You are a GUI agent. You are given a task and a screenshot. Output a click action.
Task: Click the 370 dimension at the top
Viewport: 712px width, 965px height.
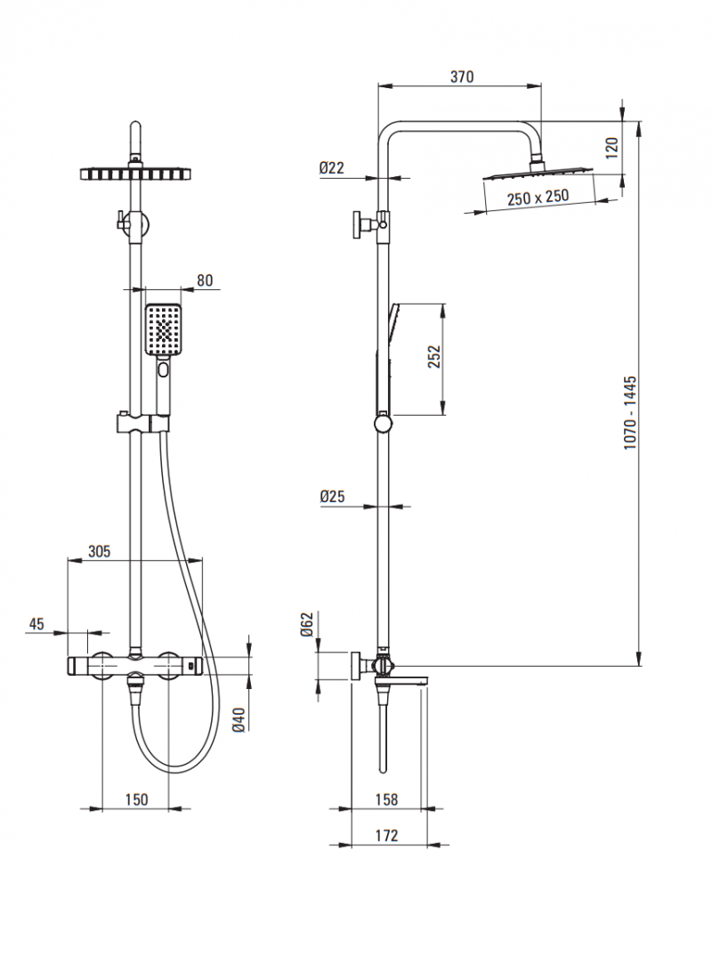461,77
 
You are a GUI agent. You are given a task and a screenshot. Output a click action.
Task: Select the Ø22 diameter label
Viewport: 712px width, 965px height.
331,167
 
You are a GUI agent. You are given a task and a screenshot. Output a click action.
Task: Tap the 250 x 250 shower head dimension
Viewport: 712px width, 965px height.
538,199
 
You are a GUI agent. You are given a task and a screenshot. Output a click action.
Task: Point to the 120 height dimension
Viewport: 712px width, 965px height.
611,147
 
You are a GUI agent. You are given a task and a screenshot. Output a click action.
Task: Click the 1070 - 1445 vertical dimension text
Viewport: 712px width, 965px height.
630,412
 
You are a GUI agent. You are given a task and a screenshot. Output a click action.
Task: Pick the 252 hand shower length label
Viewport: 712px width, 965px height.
433,357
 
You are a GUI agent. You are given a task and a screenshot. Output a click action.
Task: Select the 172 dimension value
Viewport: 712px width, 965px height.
385,835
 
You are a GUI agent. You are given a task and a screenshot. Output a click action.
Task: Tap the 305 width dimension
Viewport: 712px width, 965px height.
99,551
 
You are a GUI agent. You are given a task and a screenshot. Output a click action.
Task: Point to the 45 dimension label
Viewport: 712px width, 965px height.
36,623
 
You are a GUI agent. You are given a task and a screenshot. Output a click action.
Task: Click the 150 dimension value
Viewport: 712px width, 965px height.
135,799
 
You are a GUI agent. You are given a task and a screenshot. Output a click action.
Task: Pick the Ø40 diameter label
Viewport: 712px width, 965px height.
238,718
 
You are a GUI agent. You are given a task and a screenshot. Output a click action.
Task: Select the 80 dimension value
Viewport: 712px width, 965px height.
205,280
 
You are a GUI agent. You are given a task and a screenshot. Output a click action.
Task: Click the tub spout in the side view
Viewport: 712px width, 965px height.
410,679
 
